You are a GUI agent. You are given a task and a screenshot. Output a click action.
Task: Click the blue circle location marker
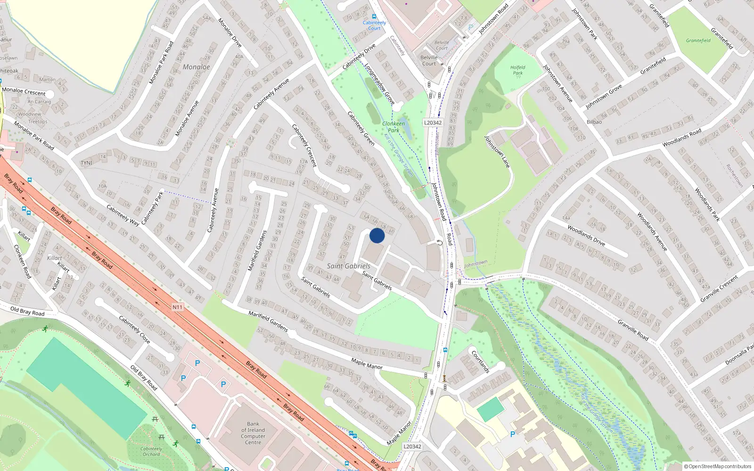377,235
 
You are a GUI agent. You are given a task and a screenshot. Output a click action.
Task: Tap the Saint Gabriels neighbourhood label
348,266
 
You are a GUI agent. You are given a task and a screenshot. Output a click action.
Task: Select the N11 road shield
177,307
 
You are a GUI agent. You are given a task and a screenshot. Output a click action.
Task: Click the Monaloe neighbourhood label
196,67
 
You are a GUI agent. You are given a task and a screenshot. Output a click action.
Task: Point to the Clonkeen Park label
393,127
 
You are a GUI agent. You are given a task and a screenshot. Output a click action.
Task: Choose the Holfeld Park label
517,70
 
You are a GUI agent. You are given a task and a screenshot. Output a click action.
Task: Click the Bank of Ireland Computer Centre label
253,433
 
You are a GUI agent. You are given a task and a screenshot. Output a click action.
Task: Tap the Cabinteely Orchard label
151,451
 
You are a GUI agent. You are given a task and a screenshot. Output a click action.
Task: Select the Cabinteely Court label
374,25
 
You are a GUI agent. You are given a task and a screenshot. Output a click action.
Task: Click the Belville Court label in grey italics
442,45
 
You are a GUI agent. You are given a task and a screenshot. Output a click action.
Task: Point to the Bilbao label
594,122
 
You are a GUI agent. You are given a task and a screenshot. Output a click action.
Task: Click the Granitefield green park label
698,41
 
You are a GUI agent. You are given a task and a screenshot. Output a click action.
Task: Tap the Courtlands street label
481,361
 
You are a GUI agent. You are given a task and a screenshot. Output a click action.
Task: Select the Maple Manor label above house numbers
367,364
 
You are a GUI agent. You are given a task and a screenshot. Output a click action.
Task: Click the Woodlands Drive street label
586,235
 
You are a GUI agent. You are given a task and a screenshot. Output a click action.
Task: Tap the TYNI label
86,163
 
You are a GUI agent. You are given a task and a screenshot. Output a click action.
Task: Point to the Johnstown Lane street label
497,152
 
